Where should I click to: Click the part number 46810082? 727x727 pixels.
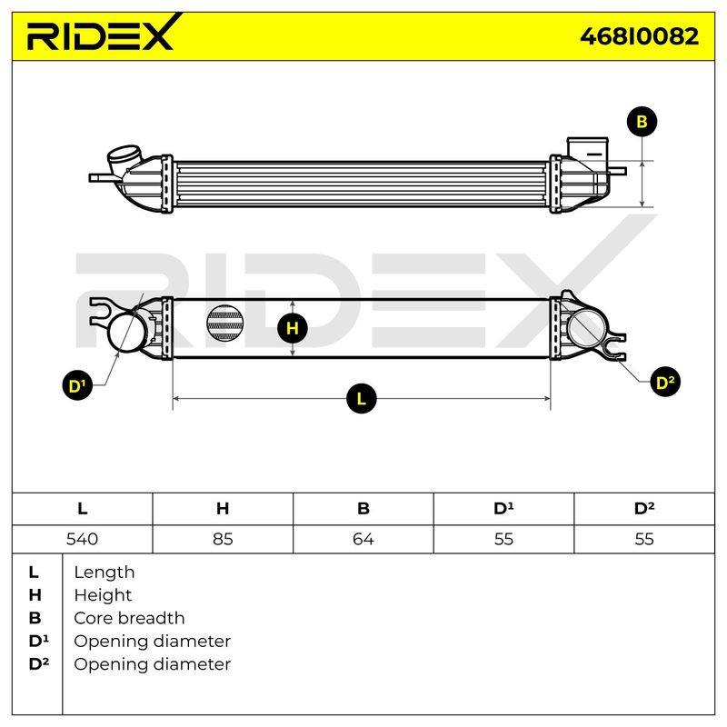[640, 36]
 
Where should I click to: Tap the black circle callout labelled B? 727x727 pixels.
[642, 122]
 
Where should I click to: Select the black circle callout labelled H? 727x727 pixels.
[292, 328]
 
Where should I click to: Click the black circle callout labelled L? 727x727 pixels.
[361, 398]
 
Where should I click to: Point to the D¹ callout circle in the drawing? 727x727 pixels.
[77, 384]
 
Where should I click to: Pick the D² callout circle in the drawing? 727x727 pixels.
[665, 382]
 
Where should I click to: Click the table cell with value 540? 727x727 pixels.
[82, 539]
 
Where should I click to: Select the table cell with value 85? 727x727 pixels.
[223, 539]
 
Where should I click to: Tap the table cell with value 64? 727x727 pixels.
[363, 539]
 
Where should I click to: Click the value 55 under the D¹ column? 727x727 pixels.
[503, 539]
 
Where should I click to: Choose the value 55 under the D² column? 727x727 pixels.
[644, 539]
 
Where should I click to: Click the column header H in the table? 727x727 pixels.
[223, 509]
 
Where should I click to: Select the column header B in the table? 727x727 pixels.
[363, 509]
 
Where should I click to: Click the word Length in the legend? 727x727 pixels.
[105, 573]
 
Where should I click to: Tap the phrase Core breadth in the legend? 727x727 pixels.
[129, 618]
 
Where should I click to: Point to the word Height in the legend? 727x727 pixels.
[103, 595]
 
